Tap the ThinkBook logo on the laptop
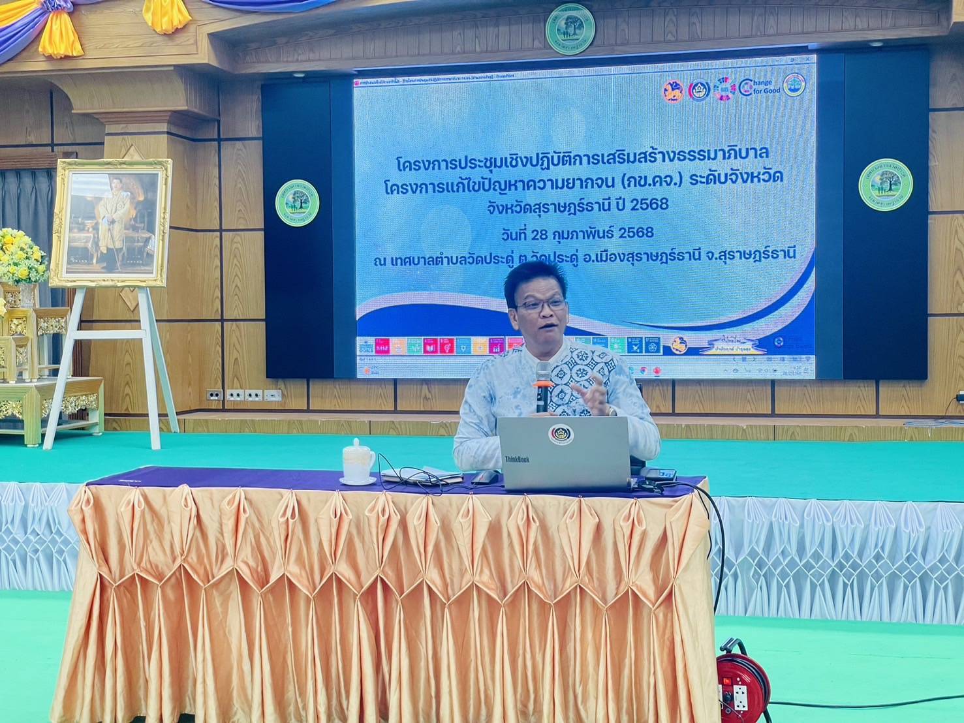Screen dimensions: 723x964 click(517, 459)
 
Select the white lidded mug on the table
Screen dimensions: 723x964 click(358, 461)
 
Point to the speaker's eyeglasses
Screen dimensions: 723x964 click(541, 304)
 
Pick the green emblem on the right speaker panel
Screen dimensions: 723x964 click(885, 187)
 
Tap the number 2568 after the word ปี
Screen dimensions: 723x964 click(647, 204)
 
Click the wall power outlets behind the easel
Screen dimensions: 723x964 click(244, 395)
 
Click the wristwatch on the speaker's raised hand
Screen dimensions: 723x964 click(611, 411)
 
